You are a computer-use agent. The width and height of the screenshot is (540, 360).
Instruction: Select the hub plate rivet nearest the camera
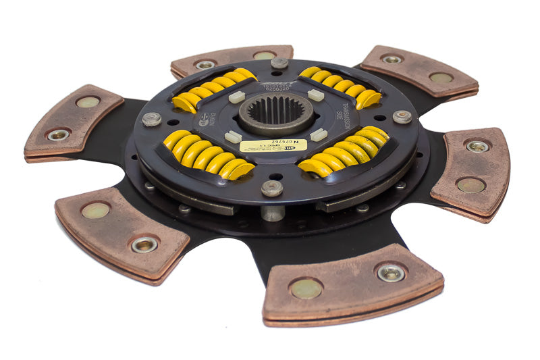(272, 188)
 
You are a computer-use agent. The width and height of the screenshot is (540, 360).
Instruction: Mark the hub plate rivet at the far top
(279, 63)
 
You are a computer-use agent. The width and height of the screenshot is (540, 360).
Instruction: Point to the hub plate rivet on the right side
(402, 116)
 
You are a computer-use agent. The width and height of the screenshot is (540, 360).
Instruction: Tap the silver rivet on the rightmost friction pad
(477, 145)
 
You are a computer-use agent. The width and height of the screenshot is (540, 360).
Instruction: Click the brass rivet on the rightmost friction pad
(470, 184)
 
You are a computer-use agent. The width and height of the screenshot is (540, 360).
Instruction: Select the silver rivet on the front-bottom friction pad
(391, 272)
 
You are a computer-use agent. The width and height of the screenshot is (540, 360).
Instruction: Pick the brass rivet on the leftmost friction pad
(88, 102)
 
